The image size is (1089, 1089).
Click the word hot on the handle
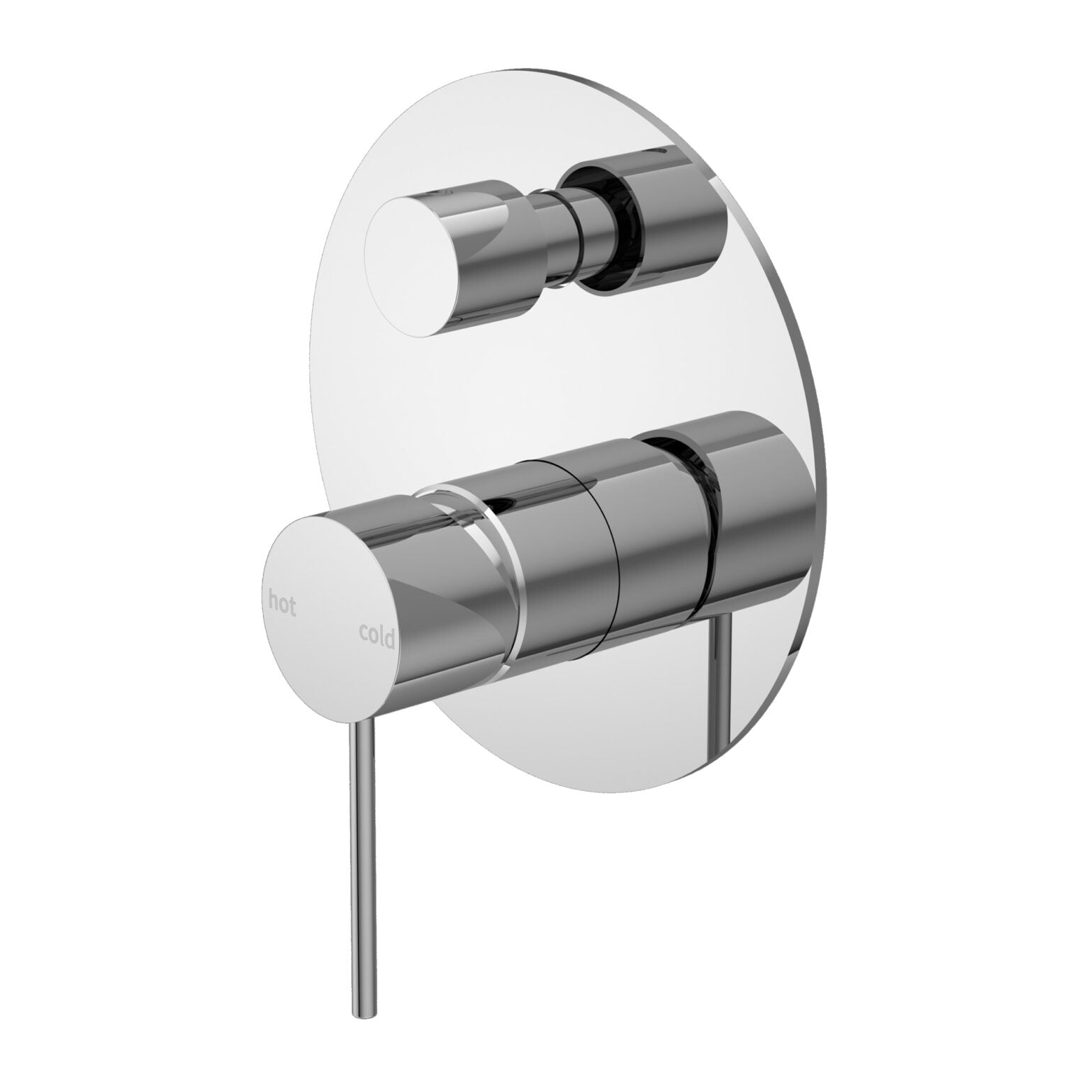pyautogui.click(x=282, y=603)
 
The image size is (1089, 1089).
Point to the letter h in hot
pyautogui.click(x=273, y=601)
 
